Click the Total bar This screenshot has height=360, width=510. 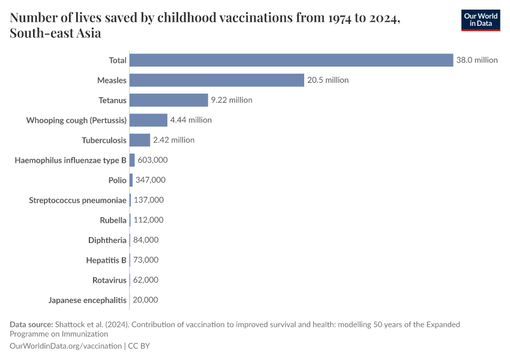pos(291,60)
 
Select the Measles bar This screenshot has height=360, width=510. pos(217,80)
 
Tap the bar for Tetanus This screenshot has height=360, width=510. pos(169,100)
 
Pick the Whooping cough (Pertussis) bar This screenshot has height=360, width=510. pos(148,120)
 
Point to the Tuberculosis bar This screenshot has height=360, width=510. pos(140,140)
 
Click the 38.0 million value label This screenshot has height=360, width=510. pos(476,60)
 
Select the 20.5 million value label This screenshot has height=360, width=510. pos(328,80)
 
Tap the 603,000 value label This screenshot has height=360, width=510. pos(152,160)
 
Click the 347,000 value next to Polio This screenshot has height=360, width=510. pos(151,180)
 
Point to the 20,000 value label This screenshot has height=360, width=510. pos(145,300)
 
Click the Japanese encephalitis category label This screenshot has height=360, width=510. pos(88,300)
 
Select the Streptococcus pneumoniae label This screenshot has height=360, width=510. pos(78,200)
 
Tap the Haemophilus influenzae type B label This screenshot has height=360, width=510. pos(71,160)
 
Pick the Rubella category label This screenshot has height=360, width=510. pos(113,220)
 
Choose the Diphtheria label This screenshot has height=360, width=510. pos(107,240)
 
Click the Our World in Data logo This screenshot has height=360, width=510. pos(480,19)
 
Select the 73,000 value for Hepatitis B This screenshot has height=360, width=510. pos(146,260)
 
